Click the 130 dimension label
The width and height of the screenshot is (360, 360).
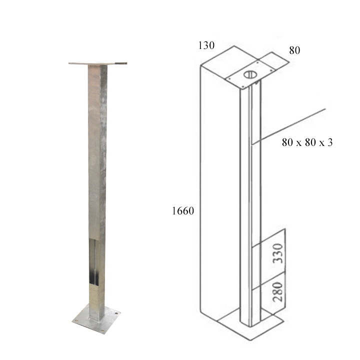pyautogui.click(x=206, y=45)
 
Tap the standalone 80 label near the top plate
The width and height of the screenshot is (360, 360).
pyautogui.click(x=294, y=50)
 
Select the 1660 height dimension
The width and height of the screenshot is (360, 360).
pyautogui.click(x=183, y=211)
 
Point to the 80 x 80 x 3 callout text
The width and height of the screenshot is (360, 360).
pyautogui.click(x=307, y=142)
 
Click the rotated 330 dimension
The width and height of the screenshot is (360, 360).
pyautogui.click(x=277, y=253)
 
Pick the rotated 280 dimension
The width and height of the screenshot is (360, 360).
pyautogui.click(x=277, y=292)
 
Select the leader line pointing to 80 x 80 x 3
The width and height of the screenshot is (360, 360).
pyautogui.click(x=288, y=126)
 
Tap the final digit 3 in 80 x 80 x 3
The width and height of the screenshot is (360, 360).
pyautogui.click(x=329, y=142)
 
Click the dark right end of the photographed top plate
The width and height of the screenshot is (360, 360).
pyautogui.click(x=121, y=63)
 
